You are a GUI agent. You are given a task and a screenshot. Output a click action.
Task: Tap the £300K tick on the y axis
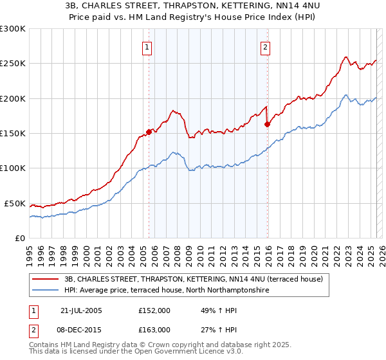13,29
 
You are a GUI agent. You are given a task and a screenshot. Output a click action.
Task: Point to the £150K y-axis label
13,134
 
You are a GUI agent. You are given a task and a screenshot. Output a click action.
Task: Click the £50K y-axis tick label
15,203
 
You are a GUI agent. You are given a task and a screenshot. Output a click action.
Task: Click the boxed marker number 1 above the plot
148,46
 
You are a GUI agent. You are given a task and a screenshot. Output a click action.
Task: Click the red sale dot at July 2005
149,132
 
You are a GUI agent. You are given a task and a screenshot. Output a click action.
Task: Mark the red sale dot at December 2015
267,125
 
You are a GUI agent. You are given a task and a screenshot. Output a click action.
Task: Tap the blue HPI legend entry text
166,291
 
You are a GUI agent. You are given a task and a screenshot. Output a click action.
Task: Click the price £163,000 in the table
154,329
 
